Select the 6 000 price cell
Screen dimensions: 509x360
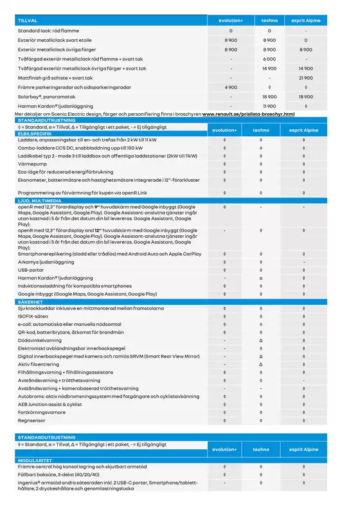(x=269, y=58)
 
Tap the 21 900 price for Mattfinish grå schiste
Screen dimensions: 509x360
(x=306, y=77)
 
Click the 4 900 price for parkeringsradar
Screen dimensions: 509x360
(x=231, y=86)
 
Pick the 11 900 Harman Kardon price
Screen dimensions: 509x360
(x=269, y=105)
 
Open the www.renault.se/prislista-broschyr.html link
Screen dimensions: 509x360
(x=248, y=114)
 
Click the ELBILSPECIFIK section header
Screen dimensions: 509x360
(x=35, y=134)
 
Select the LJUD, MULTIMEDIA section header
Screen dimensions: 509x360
(x=40, y=201)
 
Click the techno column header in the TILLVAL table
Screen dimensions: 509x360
(x=269, y=21)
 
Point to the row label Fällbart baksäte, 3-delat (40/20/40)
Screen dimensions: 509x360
(x=64, y=475)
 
